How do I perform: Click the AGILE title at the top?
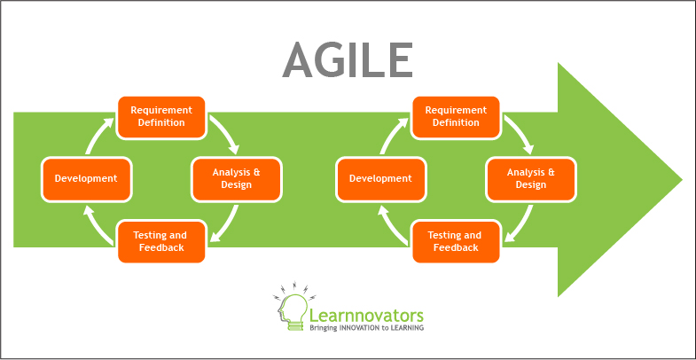[347, 61]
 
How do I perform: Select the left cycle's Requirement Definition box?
[161, 117]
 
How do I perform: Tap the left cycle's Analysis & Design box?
[236, 179]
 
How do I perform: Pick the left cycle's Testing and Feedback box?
[161, 241]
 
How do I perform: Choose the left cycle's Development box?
[86, 179]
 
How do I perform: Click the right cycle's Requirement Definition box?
[456, 117]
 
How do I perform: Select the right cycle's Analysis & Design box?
[531, 179]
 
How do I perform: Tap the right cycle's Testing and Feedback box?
[456, 241]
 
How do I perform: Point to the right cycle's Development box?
[381, 179]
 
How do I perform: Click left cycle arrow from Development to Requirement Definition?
[96, 135]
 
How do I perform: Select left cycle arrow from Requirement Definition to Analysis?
[226, 133]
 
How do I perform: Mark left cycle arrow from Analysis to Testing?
[226, 225]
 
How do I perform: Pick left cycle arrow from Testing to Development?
[97, 225]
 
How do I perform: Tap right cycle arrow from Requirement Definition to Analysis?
[520, 133]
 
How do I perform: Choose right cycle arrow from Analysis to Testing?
[520, 225]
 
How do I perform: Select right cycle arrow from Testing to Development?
[391, 225]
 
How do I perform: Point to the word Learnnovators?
[367, 316]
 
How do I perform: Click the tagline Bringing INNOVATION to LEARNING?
[367, 327]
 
